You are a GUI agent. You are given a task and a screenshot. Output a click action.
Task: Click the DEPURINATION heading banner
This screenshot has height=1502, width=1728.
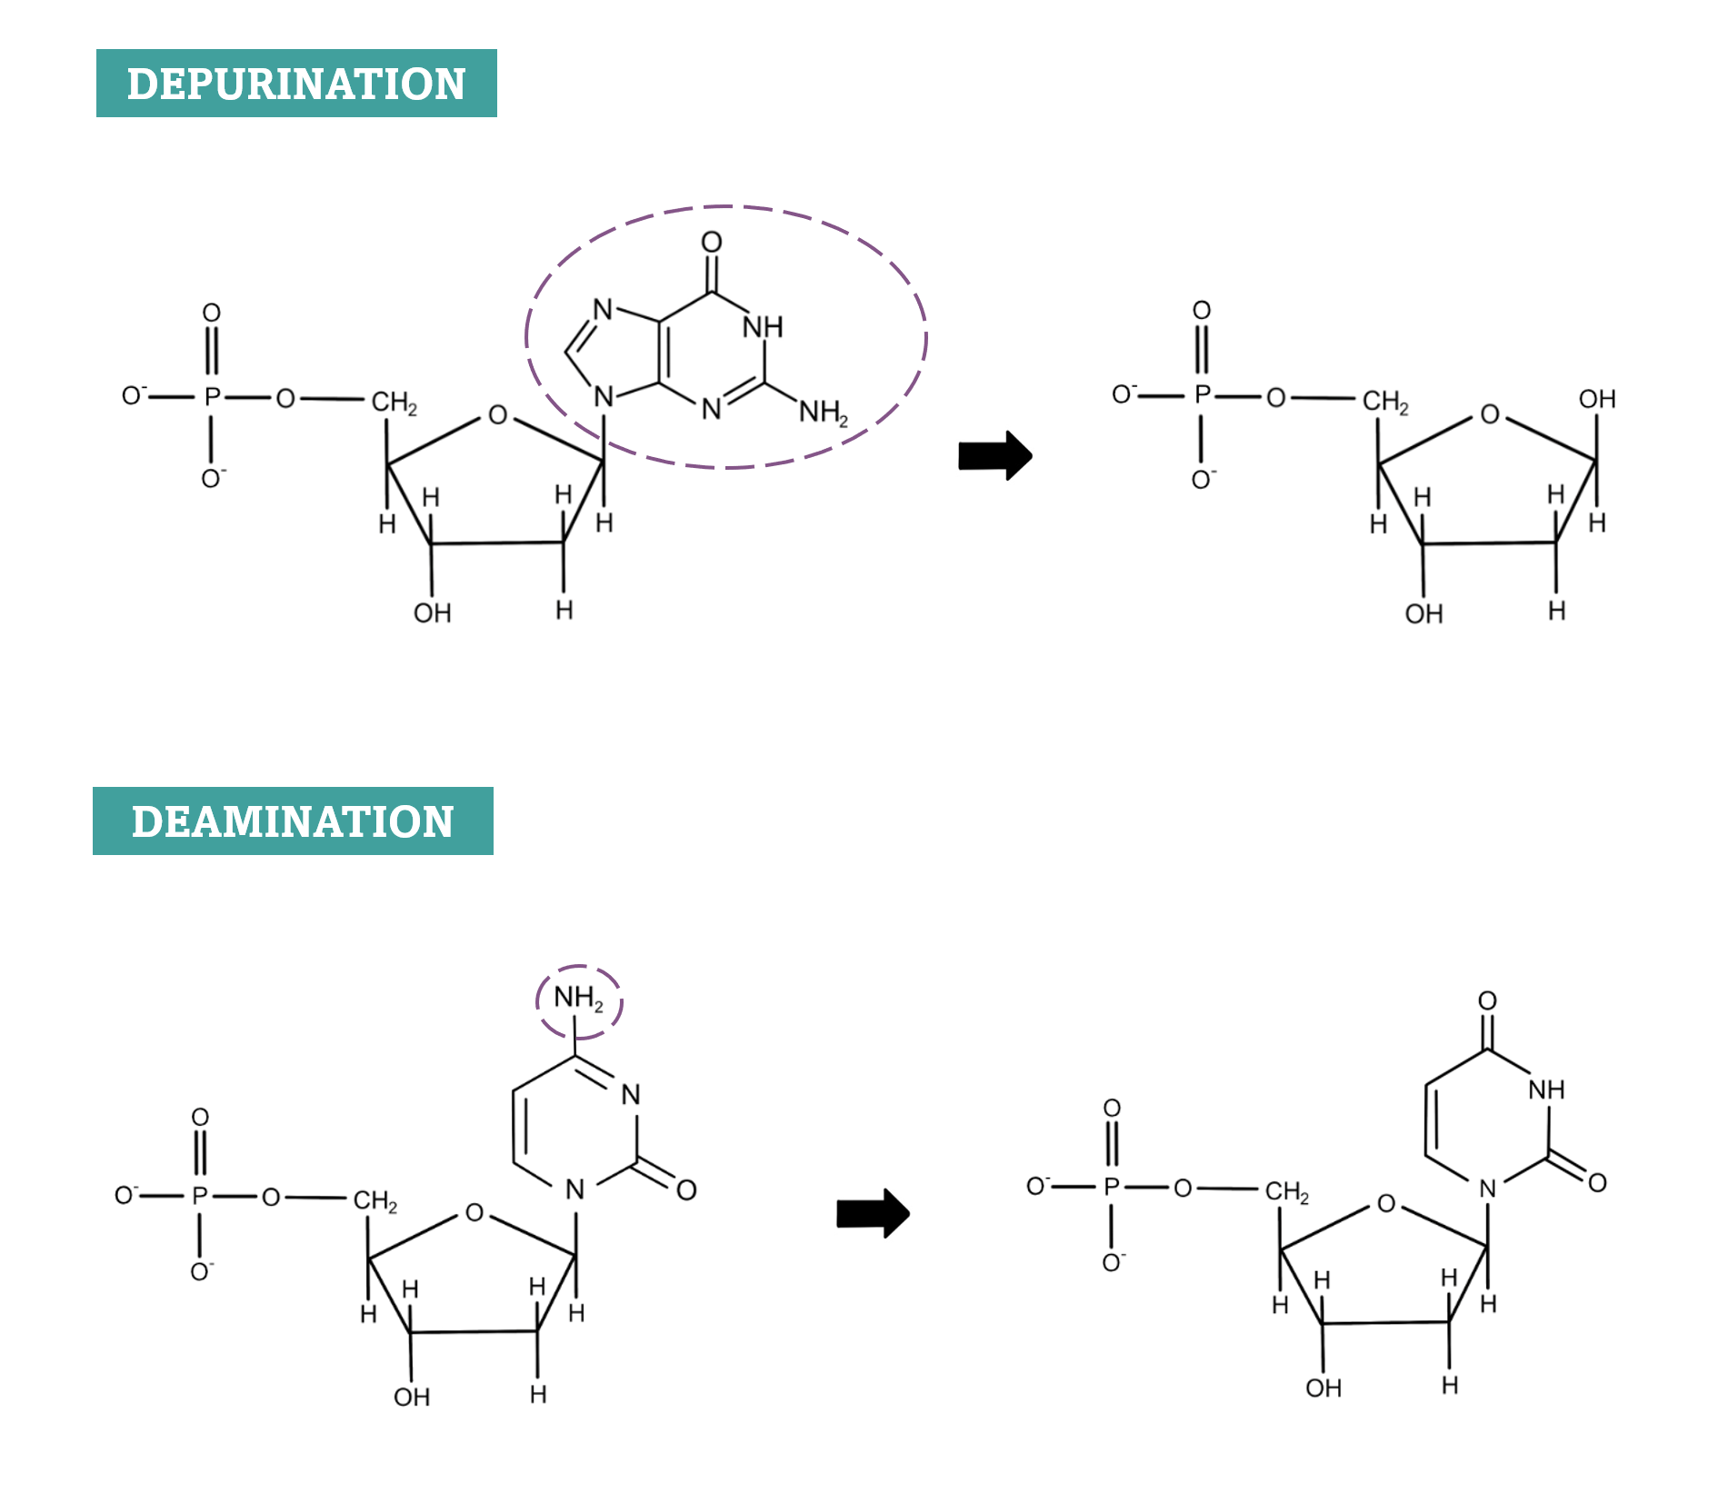click(x=296, y=84)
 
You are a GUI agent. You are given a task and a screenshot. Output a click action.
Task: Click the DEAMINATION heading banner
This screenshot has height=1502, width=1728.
click(x=293, y=821)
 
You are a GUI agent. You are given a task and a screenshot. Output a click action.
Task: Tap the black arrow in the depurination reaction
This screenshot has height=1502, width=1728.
click(x=995, y=455)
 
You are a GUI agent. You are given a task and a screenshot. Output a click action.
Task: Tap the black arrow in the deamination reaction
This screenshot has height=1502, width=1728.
click(x=873, y=1213)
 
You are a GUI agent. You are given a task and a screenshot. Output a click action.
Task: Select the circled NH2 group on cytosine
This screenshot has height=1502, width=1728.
click(x=578, y=1000)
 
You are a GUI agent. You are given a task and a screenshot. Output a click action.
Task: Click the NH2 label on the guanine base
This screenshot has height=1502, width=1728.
click(x=823, y=413)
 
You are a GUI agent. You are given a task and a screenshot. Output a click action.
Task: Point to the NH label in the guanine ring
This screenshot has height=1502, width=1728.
click(x=763, y=327)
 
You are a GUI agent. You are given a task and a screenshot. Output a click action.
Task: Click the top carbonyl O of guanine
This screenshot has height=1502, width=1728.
click(x=712, y=242)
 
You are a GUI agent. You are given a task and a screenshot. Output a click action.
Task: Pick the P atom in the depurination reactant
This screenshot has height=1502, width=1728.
click(x=212, y=397)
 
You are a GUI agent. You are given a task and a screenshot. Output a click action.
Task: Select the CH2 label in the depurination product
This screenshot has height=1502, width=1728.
click(x=1384, y=402)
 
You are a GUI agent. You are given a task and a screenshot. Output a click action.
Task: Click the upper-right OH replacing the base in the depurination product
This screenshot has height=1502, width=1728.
click(x=1597, y=399)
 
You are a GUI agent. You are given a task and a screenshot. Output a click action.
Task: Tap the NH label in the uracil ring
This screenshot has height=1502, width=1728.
click(x=1546, y=1089)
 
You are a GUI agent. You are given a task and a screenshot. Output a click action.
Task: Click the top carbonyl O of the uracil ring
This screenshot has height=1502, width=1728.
click(x=1487, y=1000)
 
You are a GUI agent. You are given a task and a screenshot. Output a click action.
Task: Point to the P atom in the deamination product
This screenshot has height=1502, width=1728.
click(x=1111, y=1187)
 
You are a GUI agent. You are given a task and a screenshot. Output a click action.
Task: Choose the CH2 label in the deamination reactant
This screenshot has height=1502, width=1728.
click(x=375, y=1201)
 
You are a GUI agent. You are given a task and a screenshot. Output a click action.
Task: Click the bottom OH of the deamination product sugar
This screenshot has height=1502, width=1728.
click(x=1323, y=1388)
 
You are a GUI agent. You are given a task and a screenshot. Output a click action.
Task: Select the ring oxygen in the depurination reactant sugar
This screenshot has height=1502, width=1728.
click(x=497, y=415)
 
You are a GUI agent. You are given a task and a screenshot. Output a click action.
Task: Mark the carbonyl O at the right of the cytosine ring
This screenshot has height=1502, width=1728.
click(x=686, y=1189)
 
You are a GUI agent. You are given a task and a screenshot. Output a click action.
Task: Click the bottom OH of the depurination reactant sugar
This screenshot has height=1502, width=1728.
click(x=432, y=613)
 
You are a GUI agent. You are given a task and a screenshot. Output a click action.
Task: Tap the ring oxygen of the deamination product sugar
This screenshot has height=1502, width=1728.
click(x=1386, y=1204)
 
